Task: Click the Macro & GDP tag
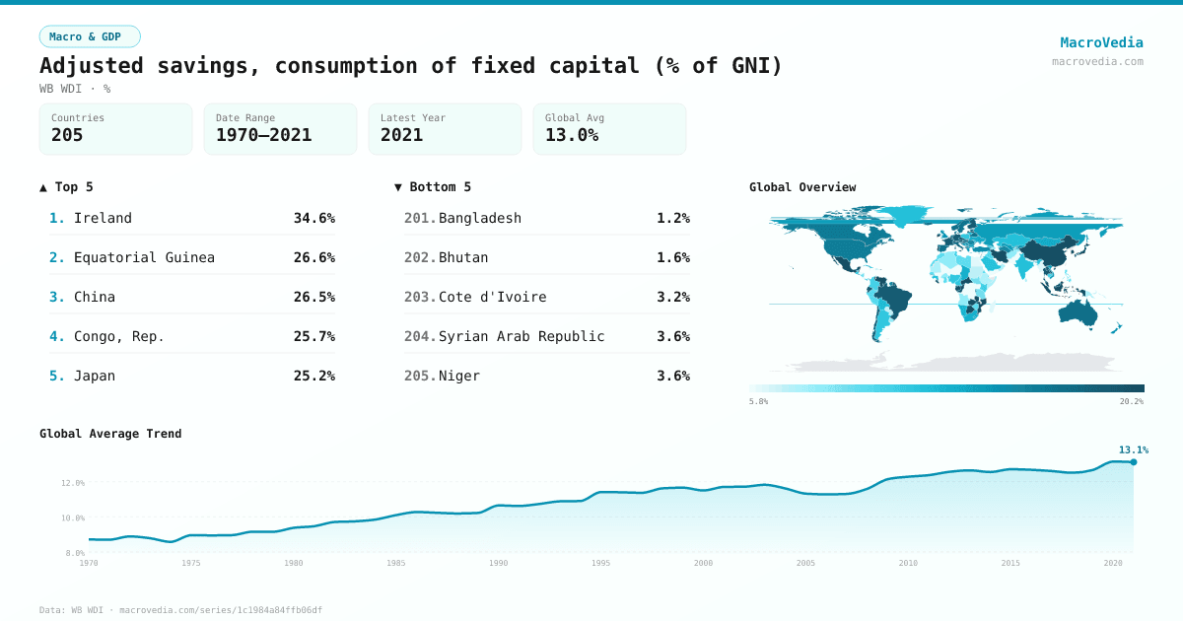click(x=90, y=36)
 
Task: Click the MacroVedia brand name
click(x=1101, y=42)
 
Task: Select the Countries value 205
click(x=67, y=135)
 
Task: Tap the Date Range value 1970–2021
click(x=263, y=135)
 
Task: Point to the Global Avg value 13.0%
click(x=572, y=135)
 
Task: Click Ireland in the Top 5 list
click(x=103, y=218)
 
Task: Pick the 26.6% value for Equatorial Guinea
click(x=313, y=257)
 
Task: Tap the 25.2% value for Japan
click(x=313, y=376)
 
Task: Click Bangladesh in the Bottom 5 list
click(x=480, y=218)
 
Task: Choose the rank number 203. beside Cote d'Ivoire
click(x=420, y=297)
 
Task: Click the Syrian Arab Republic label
click(x=522, y=336)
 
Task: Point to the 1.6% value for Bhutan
click(x=673, y=257)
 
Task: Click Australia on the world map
click(x=1079, y=310)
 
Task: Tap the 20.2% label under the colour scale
click(x=1131, y=401)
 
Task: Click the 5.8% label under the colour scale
click(x=759, y=401)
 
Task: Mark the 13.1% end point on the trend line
click(x=1133, y=461)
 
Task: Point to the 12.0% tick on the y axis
click(x=73, y=483)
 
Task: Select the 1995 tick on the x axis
click(x=600, y=563)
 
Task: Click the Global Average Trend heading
click(x=110, y=434)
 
